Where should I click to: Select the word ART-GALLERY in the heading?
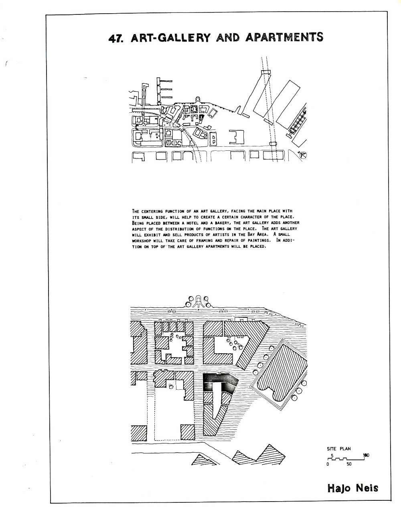pyautogui.click(x=170, y=38)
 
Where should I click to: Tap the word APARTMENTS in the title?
pyautogui.click(x=284, y=37)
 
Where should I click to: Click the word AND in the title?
pyautogui.click(x=227, y=38)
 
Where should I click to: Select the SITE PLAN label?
pyautogui.click(x=338, y=449)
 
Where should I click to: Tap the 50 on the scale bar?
pyautogui.click(x=349, y=464)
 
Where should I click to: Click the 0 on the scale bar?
pyautogui.click(x=328, y=464)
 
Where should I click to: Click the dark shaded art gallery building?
pyautogui.click(x=219, y=382)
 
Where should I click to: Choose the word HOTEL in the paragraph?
pyautogui.click(x=192, y=223)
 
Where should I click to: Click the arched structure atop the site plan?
pyautogui.click(x=198, y=301)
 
